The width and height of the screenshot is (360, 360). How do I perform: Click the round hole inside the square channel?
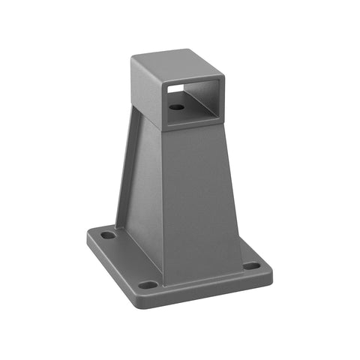tap(176, 107)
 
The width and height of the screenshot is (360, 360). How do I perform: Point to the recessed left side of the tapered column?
tap(139, 187)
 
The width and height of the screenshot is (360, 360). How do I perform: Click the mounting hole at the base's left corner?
tap(109, 235)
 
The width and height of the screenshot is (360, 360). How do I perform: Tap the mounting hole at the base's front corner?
tap(148, 285)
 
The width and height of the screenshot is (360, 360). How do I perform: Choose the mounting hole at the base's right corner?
tap(251, 265)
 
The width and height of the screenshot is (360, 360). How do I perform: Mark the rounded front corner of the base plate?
tap(150, 295)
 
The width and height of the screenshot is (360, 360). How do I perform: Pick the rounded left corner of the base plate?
tap(90, 234)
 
